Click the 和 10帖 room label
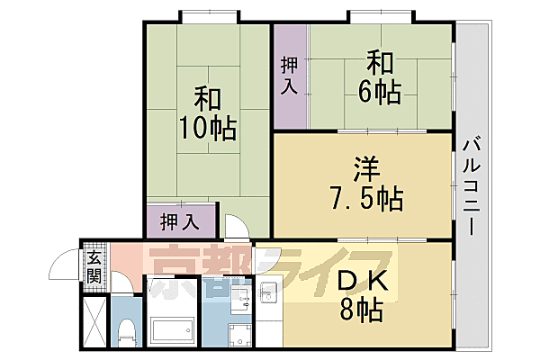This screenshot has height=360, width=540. click(x=206, y=112)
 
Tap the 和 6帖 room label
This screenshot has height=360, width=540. click(x=382, y=76)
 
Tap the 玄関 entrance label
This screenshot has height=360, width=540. click(x=94, y=267)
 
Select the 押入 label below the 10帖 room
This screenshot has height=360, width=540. click(x=180, y=220)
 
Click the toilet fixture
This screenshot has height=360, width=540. click(x=126, y=329)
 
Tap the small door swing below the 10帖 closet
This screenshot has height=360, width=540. click(x=232, y=226)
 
